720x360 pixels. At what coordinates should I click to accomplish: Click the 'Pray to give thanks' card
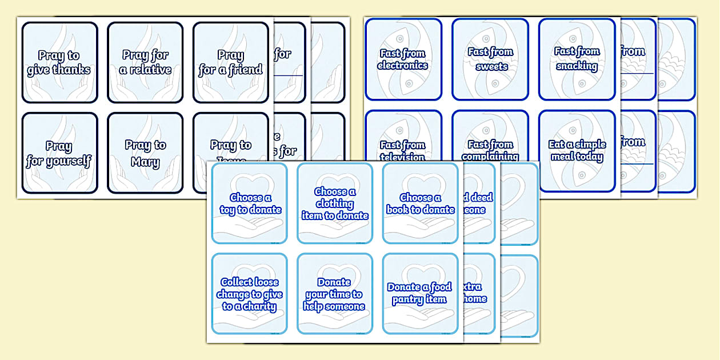(59, 62)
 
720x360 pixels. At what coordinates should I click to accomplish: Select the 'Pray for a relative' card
(145, 62)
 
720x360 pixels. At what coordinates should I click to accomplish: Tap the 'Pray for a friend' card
(231, 62)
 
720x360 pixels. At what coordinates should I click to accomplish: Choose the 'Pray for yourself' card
(59, 153)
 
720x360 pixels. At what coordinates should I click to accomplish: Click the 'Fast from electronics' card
(403, 59)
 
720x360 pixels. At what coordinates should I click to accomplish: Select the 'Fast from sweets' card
(490, 59)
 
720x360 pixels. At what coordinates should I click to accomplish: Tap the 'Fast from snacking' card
(577, 59)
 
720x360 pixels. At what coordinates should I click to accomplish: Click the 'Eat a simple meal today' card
(577, 150)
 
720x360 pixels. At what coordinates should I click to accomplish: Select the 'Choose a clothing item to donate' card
(335, 203)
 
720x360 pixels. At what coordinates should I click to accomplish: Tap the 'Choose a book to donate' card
(420, 203)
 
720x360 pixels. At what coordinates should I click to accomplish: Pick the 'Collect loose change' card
(250, 294)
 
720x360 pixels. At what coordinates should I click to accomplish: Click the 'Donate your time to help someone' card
(334, 294)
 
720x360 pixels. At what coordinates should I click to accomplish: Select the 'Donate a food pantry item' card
(420, 294)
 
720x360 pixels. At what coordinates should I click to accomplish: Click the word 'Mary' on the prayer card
(145, 162)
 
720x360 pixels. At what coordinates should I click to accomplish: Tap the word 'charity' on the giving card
(260, 306)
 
